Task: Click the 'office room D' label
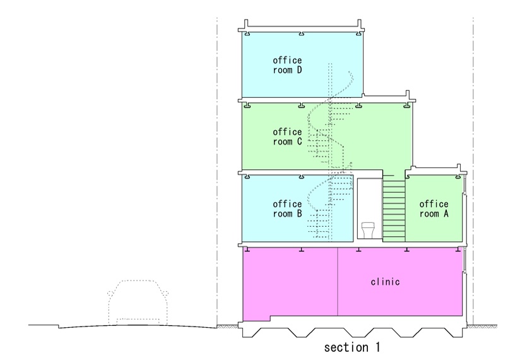coord(287,65)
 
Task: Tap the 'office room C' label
coord(287,137)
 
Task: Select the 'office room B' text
coord(287,209)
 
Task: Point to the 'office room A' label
coord(434,209)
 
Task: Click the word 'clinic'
coord(386,282)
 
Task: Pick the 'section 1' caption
coord(352,347)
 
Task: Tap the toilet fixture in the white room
coord(368,230)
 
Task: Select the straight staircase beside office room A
coord(394,208)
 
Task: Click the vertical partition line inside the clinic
coord(338,282)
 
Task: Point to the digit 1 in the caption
coord(377,347)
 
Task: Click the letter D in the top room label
coord(299,70)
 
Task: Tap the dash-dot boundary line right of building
coord(473,171)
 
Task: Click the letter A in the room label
coord(446,213)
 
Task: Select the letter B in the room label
coord(299,213)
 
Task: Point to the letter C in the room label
coord(299,141)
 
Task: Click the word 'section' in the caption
coord(346,347)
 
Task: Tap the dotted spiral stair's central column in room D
coord(330,80)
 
